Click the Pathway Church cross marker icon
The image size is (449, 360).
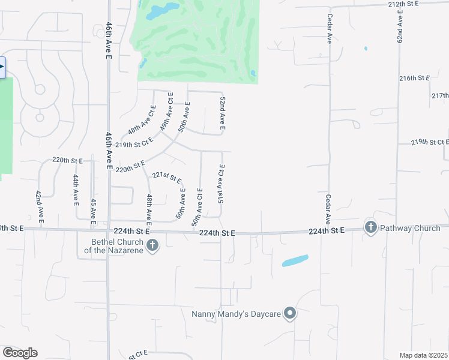coord(370,227)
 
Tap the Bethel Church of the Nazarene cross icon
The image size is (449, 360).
coord(152,245)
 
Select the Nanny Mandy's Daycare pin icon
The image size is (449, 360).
coord(290,314)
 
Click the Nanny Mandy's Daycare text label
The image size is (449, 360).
coord(236,314)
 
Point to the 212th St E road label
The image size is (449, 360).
coord(403,4)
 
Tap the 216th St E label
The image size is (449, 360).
coord(415,79)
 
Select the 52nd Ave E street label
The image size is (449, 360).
coord(222,113)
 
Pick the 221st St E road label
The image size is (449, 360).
coord(166,177)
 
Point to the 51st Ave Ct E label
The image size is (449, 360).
coord(221,184)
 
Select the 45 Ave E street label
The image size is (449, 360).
coord(93,212)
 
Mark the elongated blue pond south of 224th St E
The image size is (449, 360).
coord(295,260)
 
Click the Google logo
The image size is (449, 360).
coord(20,353)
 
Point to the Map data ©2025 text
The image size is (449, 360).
coord(423,355)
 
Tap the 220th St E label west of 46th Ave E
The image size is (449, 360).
coord(67,161)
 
